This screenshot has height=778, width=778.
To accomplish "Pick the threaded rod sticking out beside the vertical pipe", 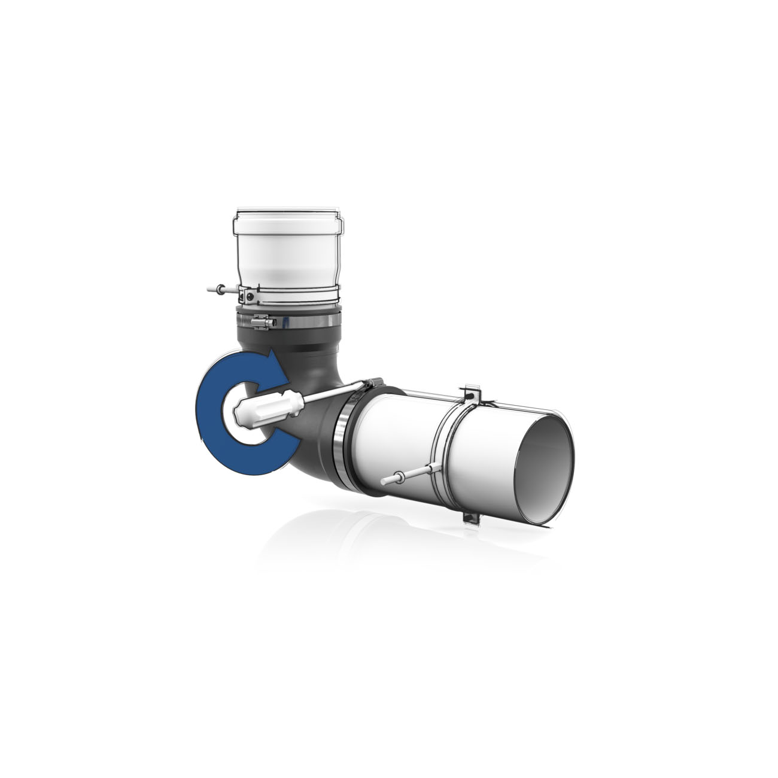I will point(214,290).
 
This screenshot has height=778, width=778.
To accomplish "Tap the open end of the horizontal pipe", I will point(545,460).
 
